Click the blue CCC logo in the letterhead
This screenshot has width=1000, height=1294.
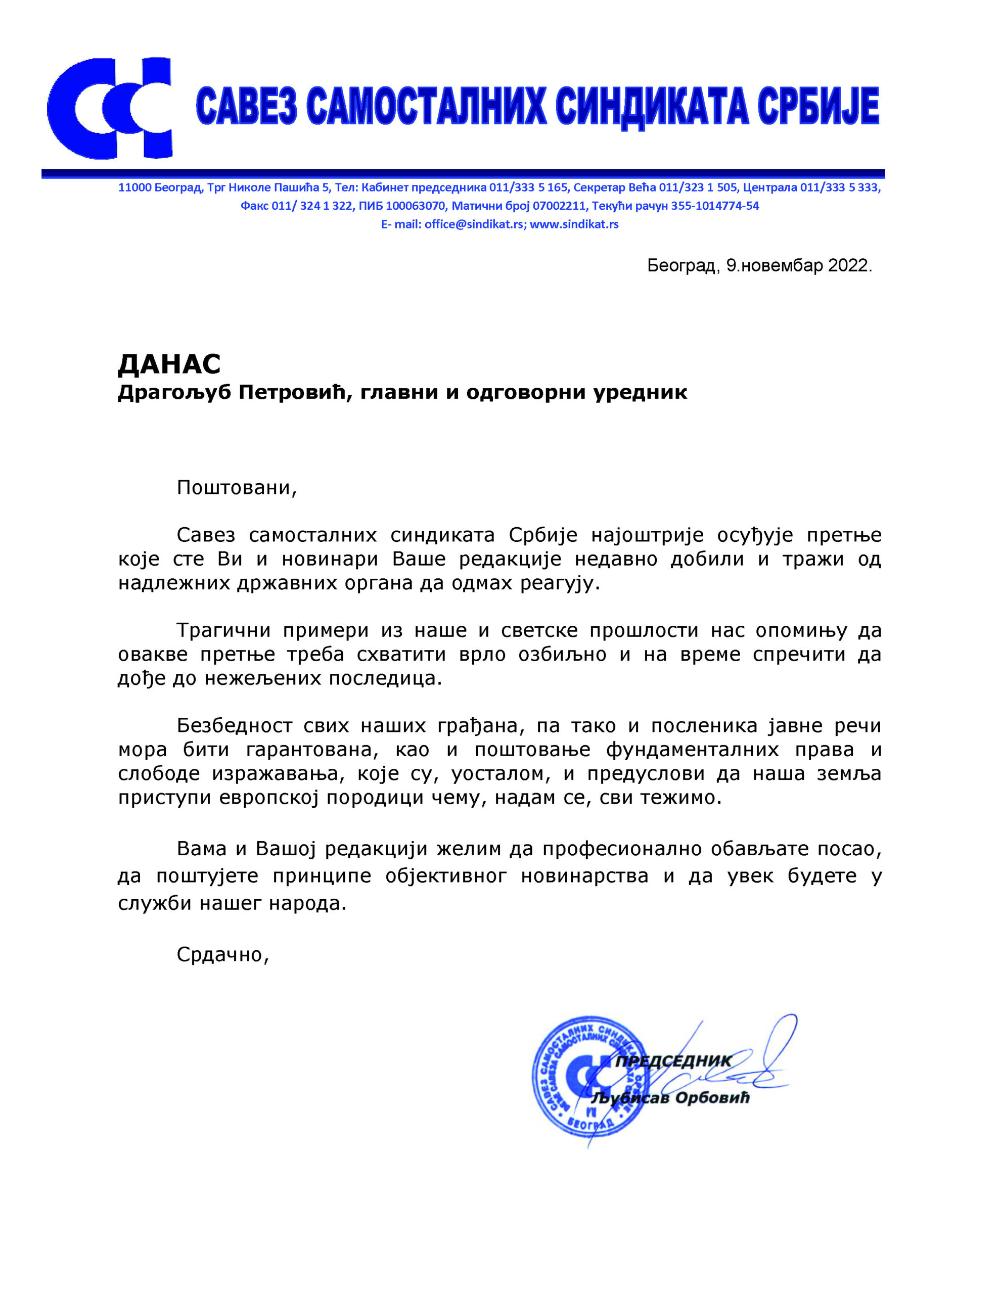(x=110, y=109)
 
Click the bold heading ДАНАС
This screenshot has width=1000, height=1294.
(x=169, y=364)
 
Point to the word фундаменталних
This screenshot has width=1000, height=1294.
(x=692, y=750)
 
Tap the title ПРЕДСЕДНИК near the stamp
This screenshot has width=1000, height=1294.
(x=673, y=1061)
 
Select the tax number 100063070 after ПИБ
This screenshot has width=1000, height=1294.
(x=415, y=206)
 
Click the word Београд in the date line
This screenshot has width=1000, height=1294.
(x=681, y=265)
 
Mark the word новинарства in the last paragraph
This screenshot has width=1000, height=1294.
(x=584, y=875)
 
